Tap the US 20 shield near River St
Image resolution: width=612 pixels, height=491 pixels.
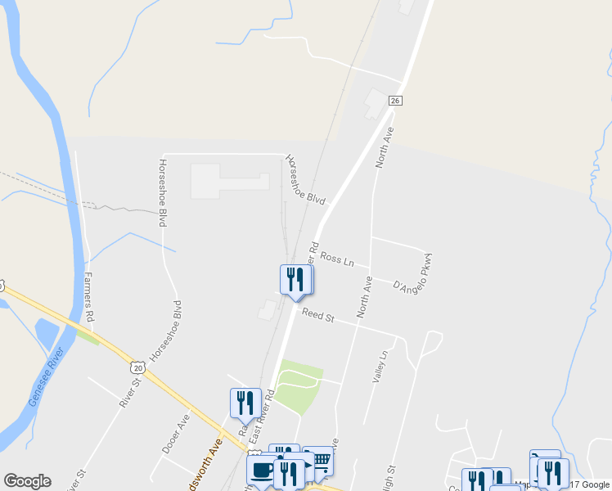[x=136, y=368]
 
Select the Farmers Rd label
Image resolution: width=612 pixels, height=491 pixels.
[x=88, y=297]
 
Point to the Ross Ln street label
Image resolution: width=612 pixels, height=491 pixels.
[x=336, y=259]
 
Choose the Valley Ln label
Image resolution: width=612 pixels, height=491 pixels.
[x=378, y=367]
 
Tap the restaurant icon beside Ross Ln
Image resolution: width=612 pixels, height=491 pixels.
[x=296, y=280]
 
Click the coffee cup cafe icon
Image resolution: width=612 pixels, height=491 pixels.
[x=263, y=471]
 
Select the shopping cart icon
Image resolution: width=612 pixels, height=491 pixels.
[x=318, y=462]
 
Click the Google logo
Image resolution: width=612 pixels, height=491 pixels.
[x=27, y=481]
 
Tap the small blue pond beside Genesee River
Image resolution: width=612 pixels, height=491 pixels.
[x=47, y=334]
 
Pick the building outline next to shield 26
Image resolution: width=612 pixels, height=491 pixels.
[x=376, y=103]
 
